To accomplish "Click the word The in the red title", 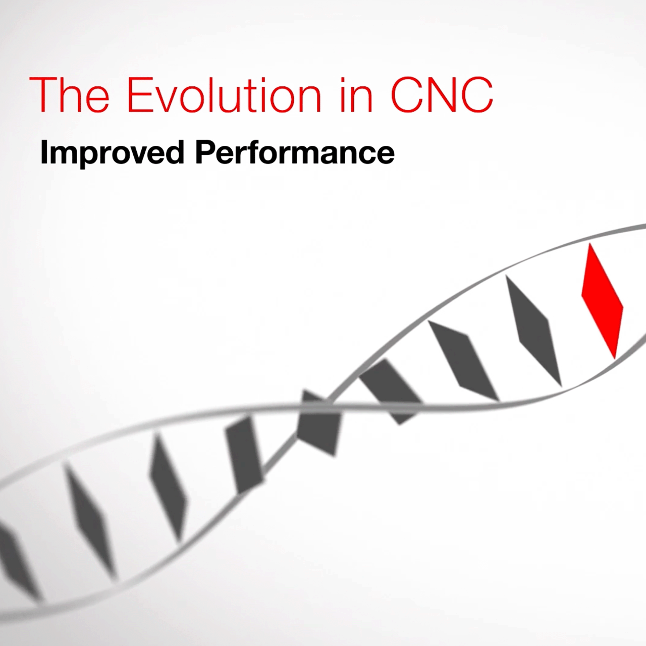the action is (x=69, y=95).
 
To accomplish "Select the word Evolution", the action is (x=224, y=95).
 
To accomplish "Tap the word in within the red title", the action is (x=356, y=95).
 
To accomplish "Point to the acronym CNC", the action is (x=442, y=95).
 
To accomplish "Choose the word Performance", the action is (x=295, y=152).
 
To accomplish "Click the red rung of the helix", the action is (x=602, y=301).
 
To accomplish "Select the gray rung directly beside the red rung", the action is (x=533, y=331).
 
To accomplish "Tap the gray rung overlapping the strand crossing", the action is (x=318, y=423).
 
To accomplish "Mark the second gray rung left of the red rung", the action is (x=464, y=361).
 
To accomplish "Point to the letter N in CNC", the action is (x=442, y=95).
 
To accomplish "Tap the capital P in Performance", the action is (x=206, y=152).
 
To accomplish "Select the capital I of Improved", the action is (x=43, y=152).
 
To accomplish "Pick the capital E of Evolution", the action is (x=139, y=95).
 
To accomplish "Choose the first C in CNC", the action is (x=406, y=95).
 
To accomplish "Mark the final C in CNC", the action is (x=478, y=95).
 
